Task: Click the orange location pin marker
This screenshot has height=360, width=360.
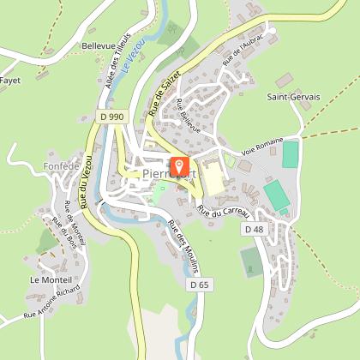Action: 179,165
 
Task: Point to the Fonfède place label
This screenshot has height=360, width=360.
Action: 59,165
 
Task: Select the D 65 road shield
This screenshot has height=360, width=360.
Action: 199,284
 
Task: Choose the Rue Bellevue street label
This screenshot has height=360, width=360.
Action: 187,117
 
